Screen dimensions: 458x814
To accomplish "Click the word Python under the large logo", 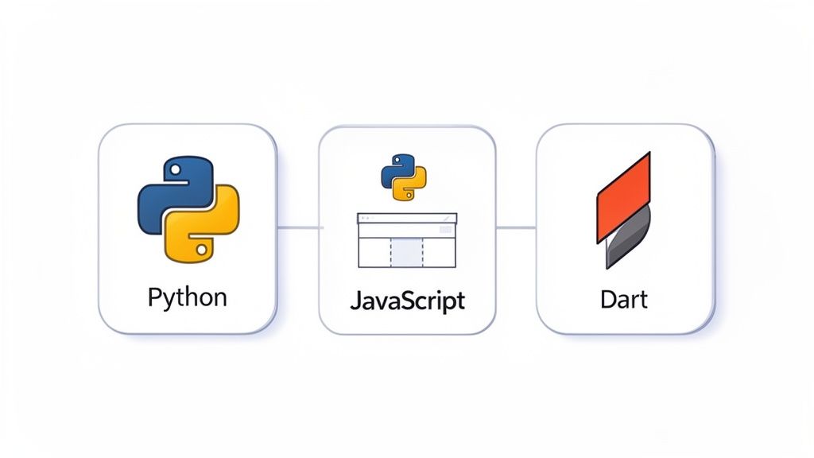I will (187, 298).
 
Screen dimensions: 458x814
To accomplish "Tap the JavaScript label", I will (407, 302).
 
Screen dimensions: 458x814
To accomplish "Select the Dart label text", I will (624, 300).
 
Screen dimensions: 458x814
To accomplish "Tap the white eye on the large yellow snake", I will (200, 249).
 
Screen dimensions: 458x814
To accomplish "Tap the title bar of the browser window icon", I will (407, 217).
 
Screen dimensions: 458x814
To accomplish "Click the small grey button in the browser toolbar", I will (444, 230).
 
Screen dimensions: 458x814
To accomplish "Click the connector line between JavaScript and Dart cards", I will (516, 228).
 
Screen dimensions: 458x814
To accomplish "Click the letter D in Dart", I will (608, 300).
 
